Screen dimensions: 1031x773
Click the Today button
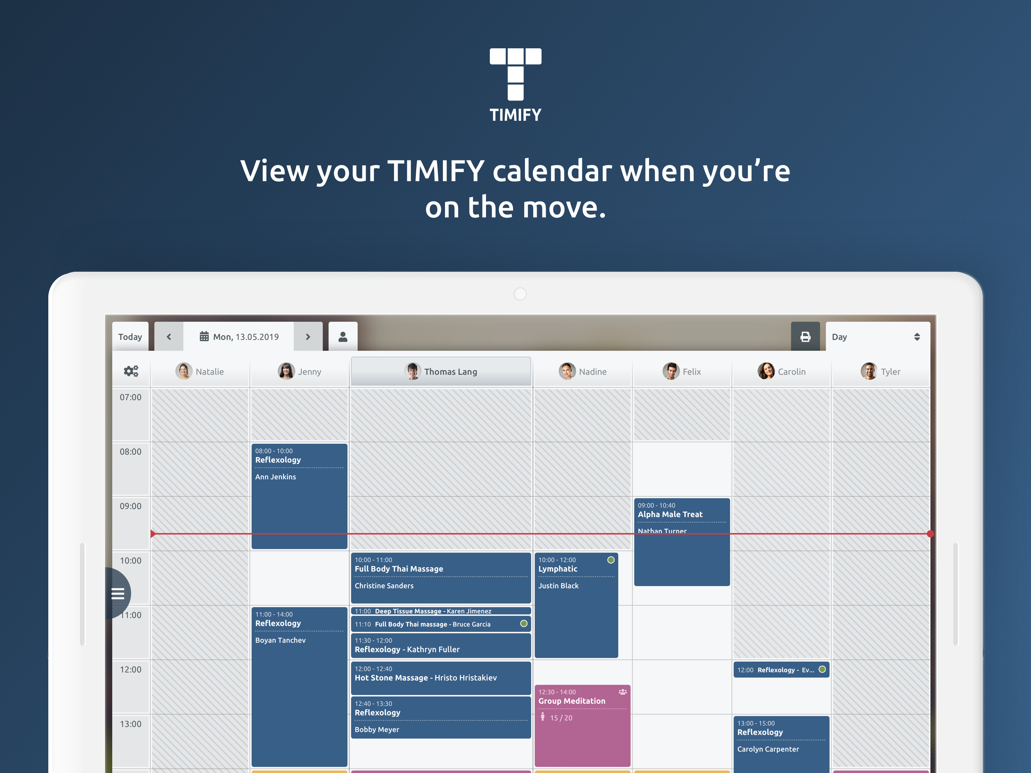[x=130, y=337]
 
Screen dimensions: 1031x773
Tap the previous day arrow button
[x=169, y=337]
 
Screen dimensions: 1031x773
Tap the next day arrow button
[x=308, y=337]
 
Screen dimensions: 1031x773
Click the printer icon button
[x=805, y=337]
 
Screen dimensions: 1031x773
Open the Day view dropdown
[x=878, y=337]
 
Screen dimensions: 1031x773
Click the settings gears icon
[x=131, y=371]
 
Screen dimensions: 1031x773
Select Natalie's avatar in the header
[x=184, y=371]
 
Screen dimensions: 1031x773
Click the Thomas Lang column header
[x=440, y=371]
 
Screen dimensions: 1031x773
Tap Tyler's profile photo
[x=869, y=371]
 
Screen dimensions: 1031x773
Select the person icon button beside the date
[x=343, y=337]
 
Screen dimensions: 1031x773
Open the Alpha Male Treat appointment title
[x=670, y=514]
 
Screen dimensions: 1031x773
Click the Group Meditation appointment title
[x=572, y=701]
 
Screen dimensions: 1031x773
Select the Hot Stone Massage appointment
[x=440, y=678]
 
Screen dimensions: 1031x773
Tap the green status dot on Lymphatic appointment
[x=611, y=560]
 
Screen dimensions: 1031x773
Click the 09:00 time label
[x=131, y=506]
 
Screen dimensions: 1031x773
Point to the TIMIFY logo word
[x=515, y=115]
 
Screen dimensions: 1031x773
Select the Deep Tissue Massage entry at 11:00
[x=440, y=611]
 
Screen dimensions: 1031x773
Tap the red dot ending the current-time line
[x=930, y=534]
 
